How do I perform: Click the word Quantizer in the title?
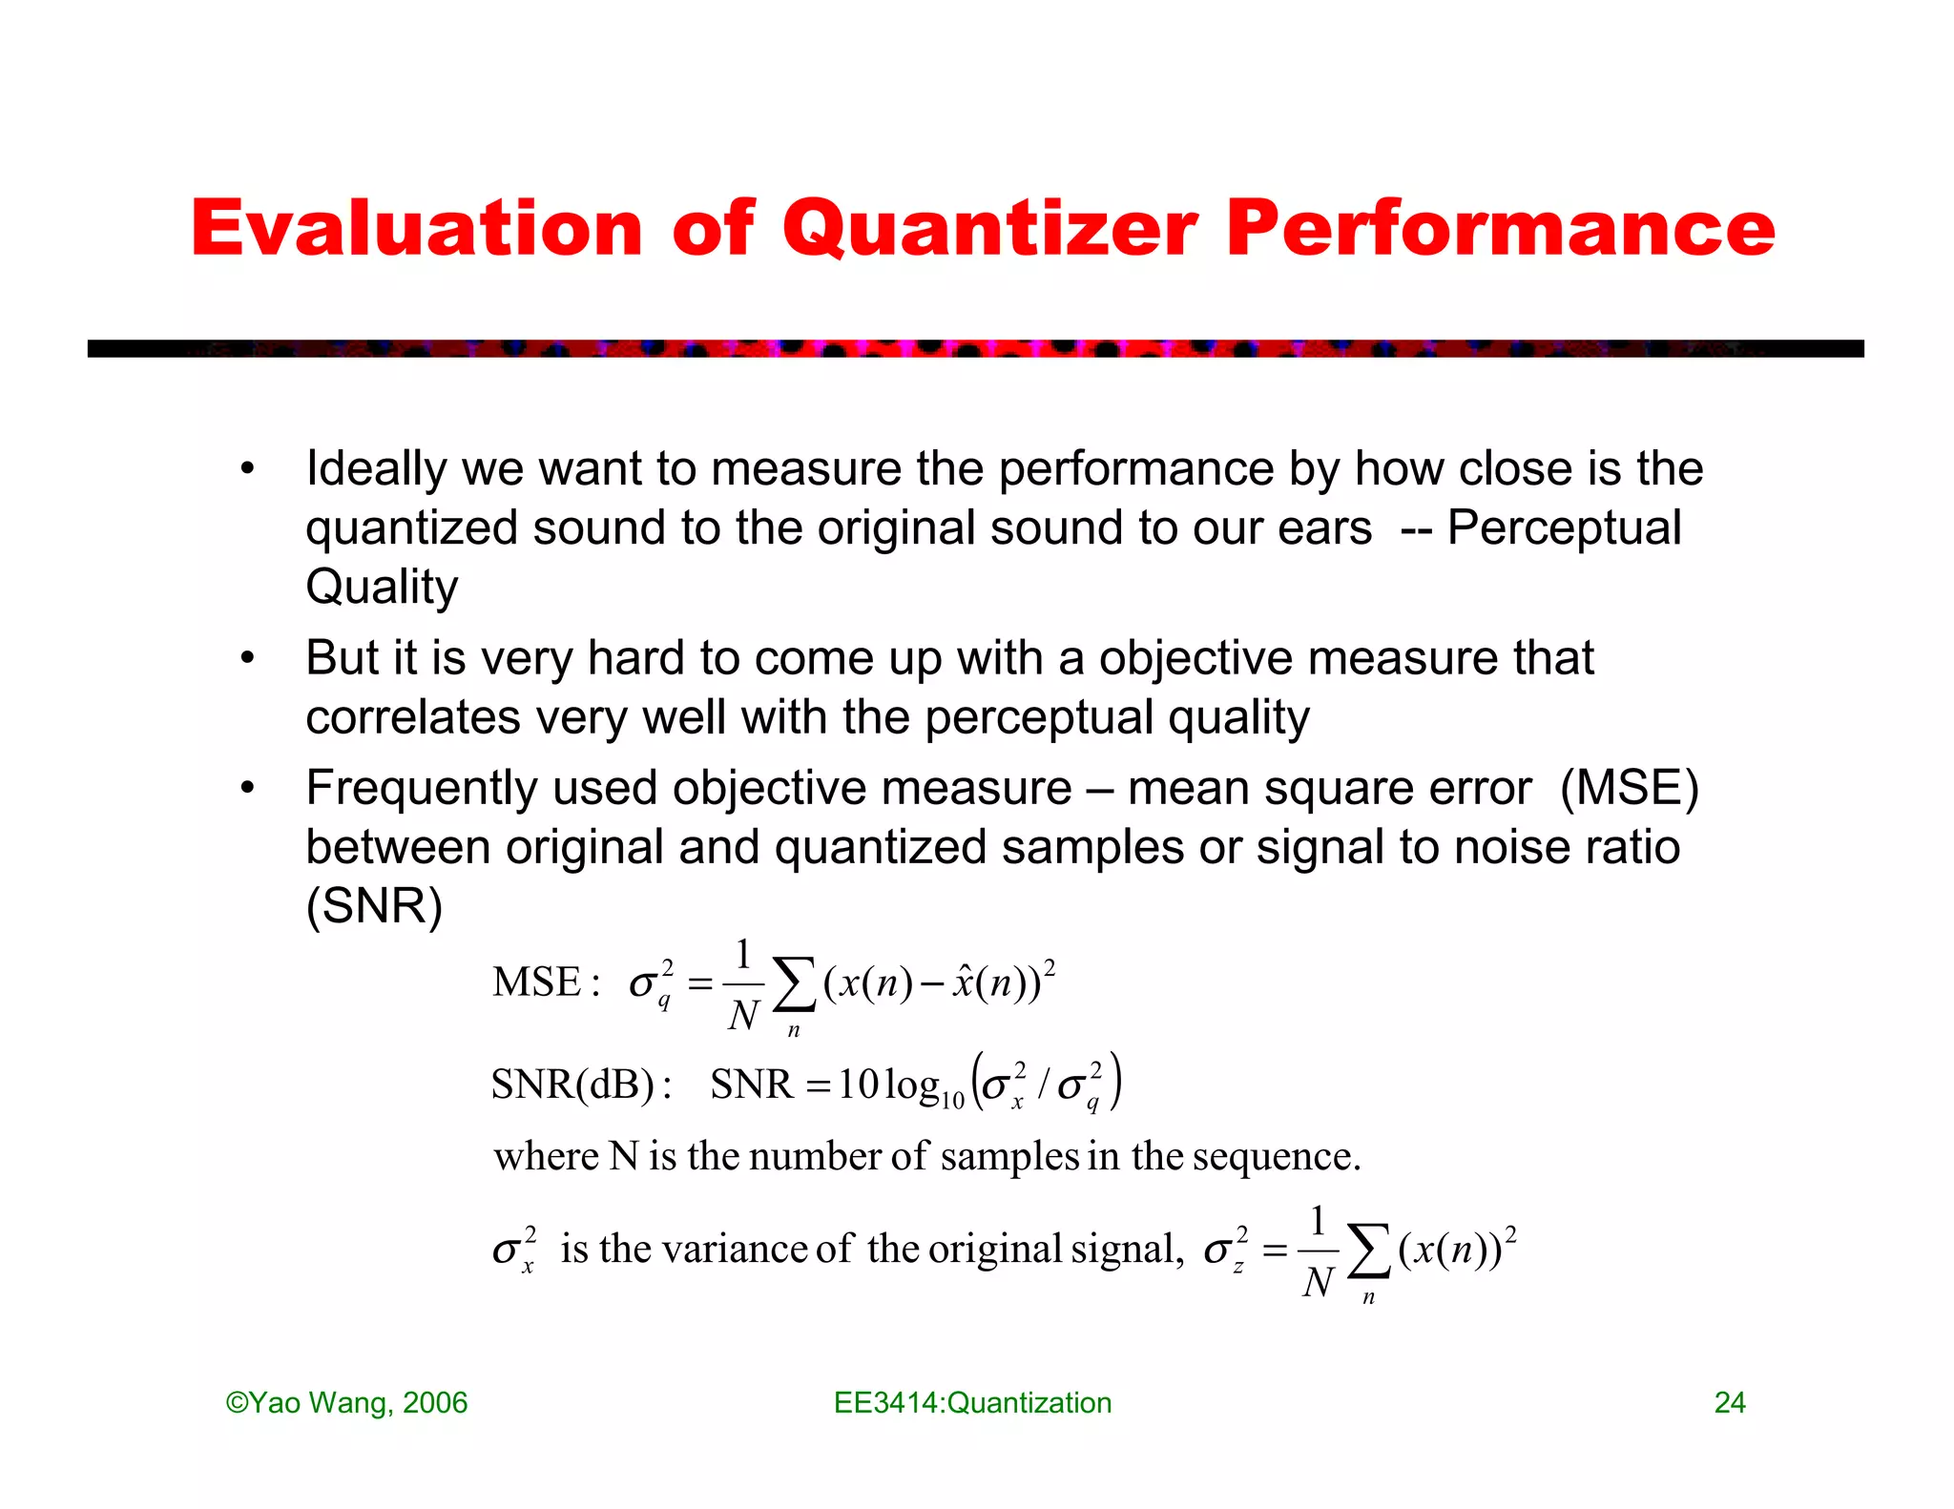tap(989, 229)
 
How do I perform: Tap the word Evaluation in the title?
tap(417, 229)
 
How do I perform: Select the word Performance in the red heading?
tap(1500, 229)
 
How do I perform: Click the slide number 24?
tap(1729, 1402)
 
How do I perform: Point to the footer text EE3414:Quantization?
tap(972, 1402)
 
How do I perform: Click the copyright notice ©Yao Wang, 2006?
tap(346, 1402)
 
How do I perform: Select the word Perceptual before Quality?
tap(1564, 527)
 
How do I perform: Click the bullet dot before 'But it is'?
tap(248, 658)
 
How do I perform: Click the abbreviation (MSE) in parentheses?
tap(1629, 788)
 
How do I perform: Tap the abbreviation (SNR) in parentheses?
tap(374, 906)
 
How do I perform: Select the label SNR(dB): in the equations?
tap(581, 1085)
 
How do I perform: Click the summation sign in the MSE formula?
tap(794, 984)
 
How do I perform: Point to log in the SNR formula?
tap(911, 1085)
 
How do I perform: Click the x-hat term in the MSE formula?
tap(963, 982)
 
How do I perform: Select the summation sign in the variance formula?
tap(1368, 1251)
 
